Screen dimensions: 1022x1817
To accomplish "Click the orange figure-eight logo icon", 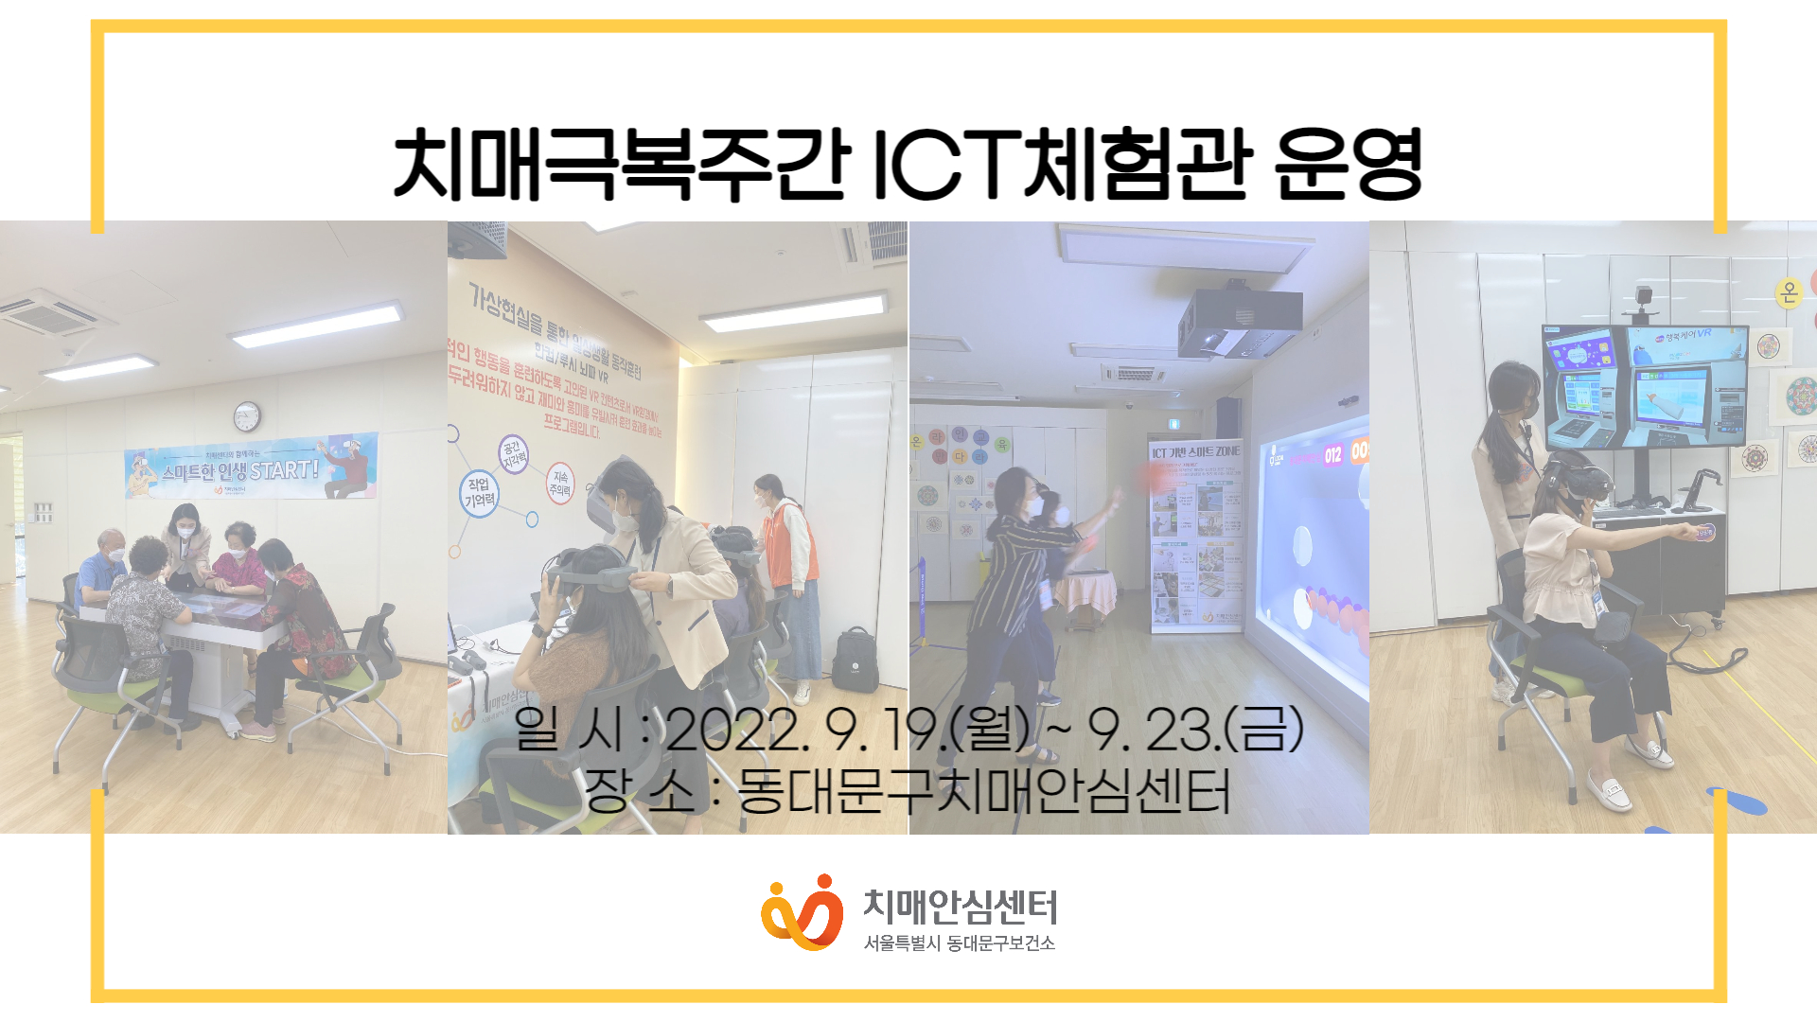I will point(802,913).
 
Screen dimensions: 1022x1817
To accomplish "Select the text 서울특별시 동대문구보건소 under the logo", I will point(959,943).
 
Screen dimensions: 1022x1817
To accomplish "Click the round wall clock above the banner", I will point(247,415).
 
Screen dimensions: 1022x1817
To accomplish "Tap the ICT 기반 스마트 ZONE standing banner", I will point(1195,536).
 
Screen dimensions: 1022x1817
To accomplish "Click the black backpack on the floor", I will point(856,660).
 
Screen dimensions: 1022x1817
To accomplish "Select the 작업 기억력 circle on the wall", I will point(479,493).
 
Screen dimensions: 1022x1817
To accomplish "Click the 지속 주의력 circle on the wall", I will point(560,484).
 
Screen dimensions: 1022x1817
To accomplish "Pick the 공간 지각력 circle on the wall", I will point(513,453).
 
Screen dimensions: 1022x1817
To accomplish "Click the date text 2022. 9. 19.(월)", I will point(847,730).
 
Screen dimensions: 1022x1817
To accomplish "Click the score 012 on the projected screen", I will point(1332,455).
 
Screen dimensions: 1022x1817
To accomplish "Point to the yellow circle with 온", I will point(1788,292).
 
